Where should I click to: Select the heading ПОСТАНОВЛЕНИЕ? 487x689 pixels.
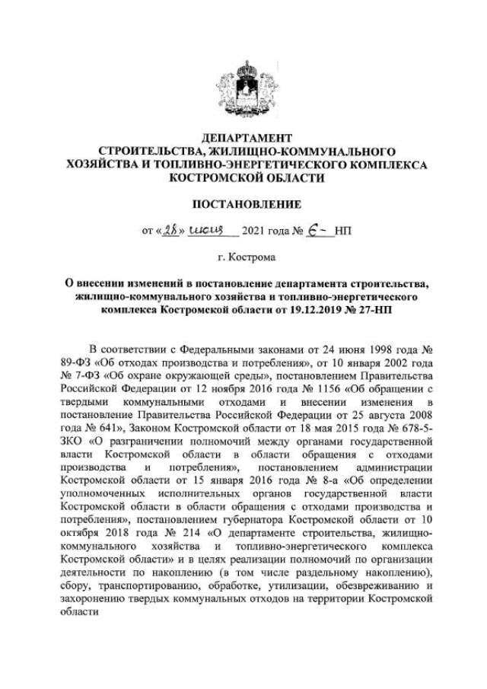[x=246, y=204]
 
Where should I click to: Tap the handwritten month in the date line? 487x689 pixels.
[x=203, y=229]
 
